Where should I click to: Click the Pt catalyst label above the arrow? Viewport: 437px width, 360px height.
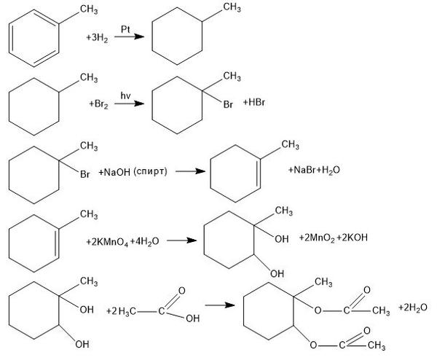click(x=125, y=29)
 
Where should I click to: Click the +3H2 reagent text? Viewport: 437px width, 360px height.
click(x=97, y=38)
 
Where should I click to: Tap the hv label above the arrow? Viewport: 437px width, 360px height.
click(x=125, y=95)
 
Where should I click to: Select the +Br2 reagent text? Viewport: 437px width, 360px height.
click(x=98, y=104)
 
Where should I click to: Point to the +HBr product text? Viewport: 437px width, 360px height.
click(x=254, y=102)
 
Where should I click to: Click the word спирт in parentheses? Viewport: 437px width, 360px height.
click(x=150, y=171)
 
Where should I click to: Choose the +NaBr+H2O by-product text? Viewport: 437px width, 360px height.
click(x=314, y=170)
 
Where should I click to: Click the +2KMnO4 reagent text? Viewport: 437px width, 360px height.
click(x=107, y=241)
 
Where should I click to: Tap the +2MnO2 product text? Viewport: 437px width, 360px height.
click(x=317, y=238)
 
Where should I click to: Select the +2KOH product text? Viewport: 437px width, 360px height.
click(x=352, y=238)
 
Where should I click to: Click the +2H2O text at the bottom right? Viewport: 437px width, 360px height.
click(x=413, y=308)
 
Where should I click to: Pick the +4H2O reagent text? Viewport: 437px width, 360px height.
click(x=144, y=241)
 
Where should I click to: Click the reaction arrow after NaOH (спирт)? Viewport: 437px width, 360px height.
click(x=190, y=171)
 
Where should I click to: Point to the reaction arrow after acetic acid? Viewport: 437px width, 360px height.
click(x=220, y=305)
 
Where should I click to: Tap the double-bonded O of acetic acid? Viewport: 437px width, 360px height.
click(x=181, y=291)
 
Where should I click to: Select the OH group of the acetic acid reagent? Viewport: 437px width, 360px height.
click(x=193, y=318)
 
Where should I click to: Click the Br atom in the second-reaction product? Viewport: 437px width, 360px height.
click(x=228, y=105)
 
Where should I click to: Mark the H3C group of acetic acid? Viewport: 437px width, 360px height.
click(x=127, y=311)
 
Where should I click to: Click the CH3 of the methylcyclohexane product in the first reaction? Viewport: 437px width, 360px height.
click(x=232, y=7)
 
